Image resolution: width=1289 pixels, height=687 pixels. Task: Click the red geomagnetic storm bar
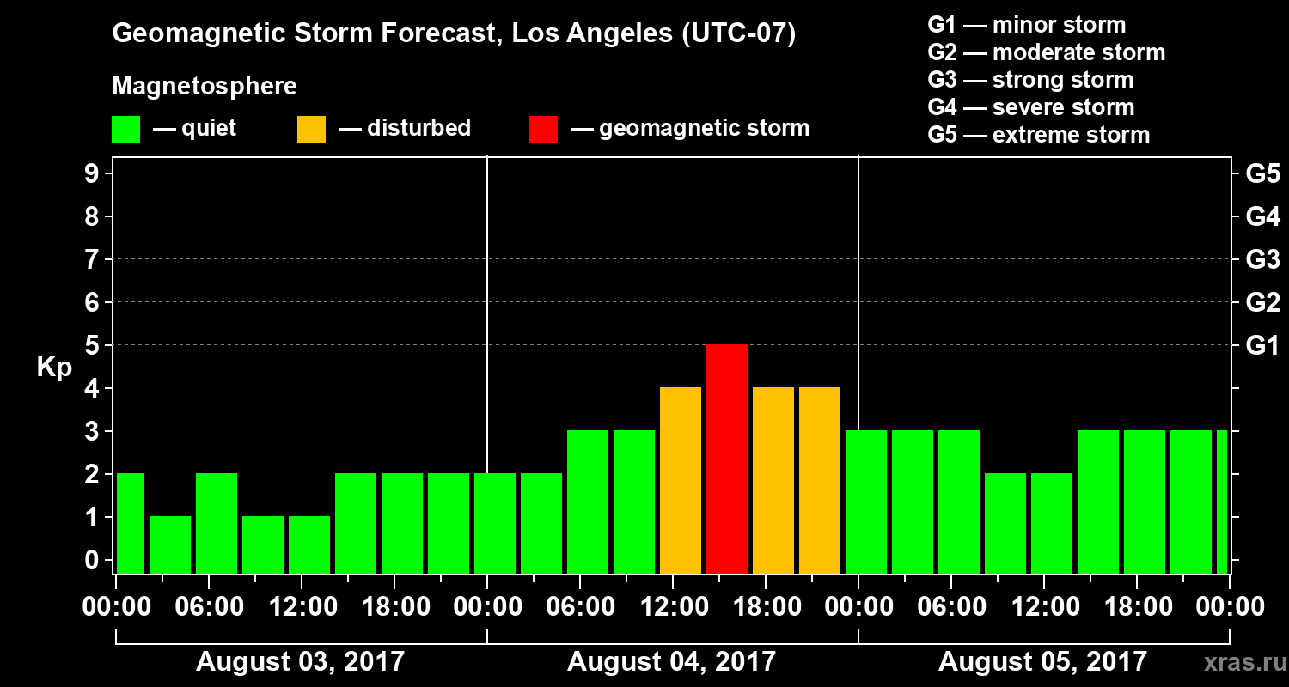tap(727, 459)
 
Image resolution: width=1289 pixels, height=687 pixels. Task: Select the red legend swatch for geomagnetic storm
tap(544, 129)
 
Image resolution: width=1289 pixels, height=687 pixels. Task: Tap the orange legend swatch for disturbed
tap(311, 129)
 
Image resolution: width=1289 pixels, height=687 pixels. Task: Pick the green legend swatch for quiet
tap(125, 129)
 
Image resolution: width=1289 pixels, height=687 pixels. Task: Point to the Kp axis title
tap(54, 368)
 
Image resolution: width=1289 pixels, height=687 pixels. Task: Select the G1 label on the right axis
tap(1262, 345)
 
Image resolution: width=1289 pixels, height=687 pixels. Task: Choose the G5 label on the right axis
tap(1262, 173)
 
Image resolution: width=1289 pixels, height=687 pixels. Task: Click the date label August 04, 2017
tap(671, 661)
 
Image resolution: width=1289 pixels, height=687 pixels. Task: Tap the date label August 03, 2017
tap(300, 661)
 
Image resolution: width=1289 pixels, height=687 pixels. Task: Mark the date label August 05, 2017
tap(1042, 661)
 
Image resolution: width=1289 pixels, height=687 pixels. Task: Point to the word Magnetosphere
tap(205, 87)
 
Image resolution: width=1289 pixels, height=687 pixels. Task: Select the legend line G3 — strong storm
tap(1030, 80)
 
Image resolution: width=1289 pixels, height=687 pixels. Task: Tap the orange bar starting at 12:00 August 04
tap(681, 481)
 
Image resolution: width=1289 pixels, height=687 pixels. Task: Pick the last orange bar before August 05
tap(820, 481)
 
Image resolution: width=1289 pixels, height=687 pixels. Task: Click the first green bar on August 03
tap(131, 523)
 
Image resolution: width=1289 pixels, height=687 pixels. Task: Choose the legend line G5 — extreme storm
tap(1038, 135)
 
